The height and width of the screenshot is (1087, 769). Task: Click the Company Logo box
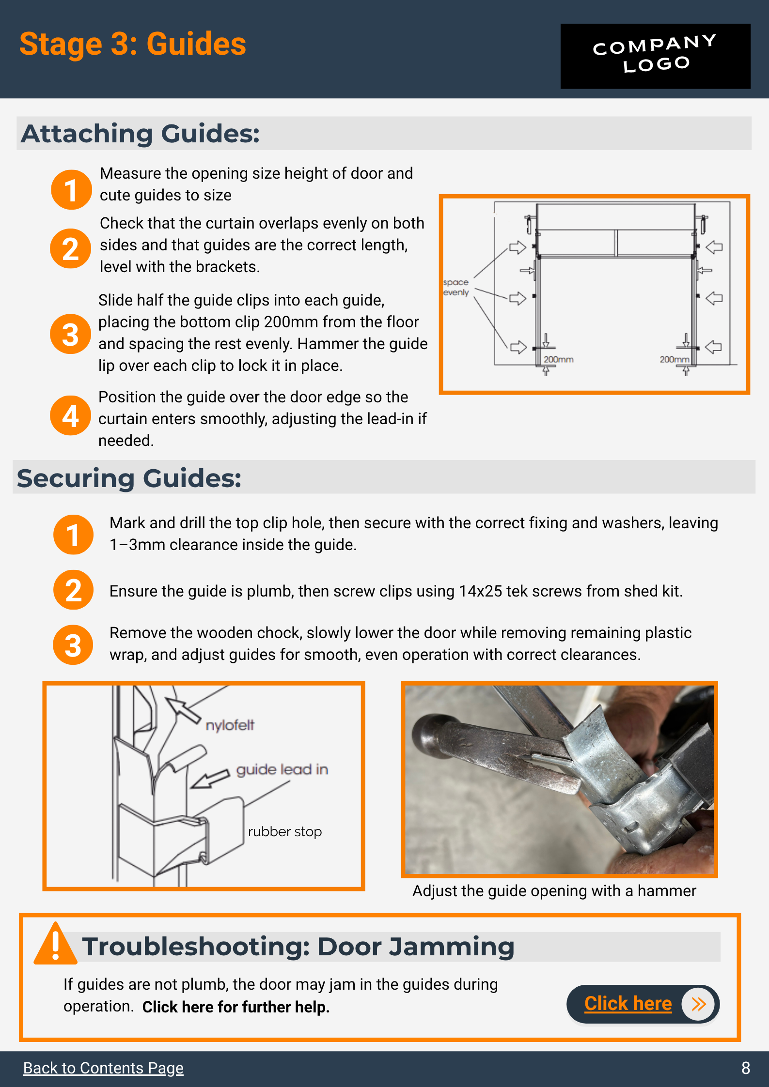click(655, 56)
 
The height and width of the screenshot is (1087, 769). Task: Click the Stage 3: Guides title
click(133, 44)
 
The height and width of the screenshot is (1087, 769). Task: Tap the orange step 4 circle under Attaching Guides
click(71, 415)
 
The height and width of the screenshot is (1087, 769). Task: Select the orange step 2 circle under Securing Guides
click(73, 590)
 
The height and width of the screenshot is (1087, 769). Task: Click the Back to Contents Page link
click(103, 1068)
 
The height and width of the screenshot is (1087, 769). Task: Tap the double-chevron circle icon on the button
click(698, 1004)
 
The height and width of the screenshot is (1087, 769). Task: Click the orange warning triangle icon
click(55, 943)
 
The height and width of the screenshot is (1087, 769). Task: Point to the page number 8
click(746, 1068)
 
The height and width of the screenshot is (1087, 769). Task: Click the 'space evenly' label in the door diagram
click(456, 287)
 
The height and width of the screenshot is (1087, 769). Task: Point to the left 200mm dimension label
click(558, 359)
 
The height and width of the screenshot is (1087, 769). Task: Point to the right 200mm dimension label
click(674, 359)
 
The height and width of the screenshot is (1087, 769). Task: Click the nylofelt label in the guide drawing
click(230, 725)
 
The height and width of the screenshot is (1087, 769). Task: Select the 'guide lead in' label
click(282, 769)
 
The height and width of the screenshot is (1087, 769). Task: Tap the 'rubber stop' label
click(285, 831)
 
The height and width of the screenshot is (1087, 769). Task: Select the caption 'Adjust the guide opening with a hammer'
click(554, 890)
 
